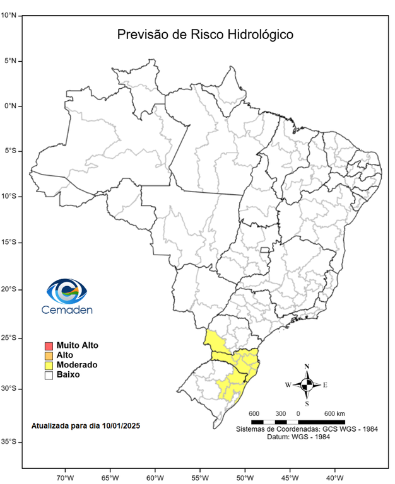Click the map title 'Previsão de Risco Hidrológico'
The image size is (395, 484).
(x=205, y=34)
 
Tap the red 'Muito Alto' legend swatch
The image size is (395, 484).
(x=48, y=346)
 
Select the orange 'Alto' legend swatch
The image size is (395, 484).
(x=48, y=355)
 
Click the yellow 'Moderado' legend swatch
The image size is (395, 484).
(x=48, y=365)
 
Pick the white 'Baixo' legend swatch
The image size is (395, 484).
(x=48, y=374)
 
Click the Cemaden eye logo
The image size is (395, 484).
(x=66, y=291)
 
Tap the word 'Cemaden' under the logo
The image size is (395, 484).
(x=66, y=309)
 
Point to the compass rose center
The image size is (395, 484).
(x=307, y=384)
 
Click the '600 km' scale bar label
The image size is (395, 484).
(x=334, y=413)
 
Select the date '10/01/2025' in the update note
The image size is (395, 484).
(x=120, y=426)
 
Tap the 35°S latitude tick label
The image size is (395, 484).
(x=8, y=442)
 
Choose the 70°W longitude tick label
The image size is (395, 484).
(x=66, y=476)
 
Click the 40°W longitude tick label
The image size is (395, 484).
(x=334, y=476)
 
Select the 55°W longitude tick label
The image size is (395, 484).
(x=200, y=476)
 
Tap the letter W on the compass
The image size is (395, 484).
(x=288, y=384)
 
